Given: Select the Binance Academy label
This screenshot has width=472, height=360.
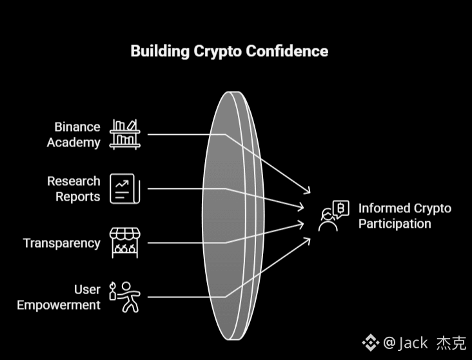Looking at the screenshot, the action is click(74, 134).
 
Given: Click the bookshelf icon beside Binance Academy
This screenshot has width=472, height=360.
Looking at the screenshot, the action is click(125, 134).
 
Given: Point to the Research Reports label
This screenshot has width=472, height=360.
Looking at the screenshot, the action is click(74, 188).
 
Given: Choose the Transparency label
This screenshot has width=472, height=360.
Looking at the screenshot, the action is click(62, 243).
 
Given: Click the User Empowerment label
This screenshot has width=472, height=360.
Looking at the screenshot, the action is click(59, 297).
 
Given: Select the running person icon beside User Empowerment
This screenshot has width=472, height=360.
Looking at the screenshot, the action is click(125, 296).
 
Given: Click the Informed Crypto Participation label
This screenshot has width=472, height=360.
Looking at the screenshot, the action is click(404, 216).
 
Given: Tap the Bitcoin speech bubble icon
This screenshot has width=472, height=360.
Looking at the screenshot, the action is click(341, 208).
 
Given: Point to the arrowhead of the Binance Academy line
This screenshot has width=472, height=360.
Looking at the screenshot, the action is click(308, 191).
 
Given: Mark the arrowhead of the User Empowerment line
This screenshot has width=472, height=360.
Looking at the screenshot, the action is click(308, 240).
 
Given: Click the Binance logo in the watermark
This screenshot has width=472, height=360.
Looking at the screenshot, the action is click(370, 342).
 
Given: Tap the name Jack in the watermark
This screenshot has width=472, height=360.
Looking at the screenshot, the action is click(413, 342).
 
